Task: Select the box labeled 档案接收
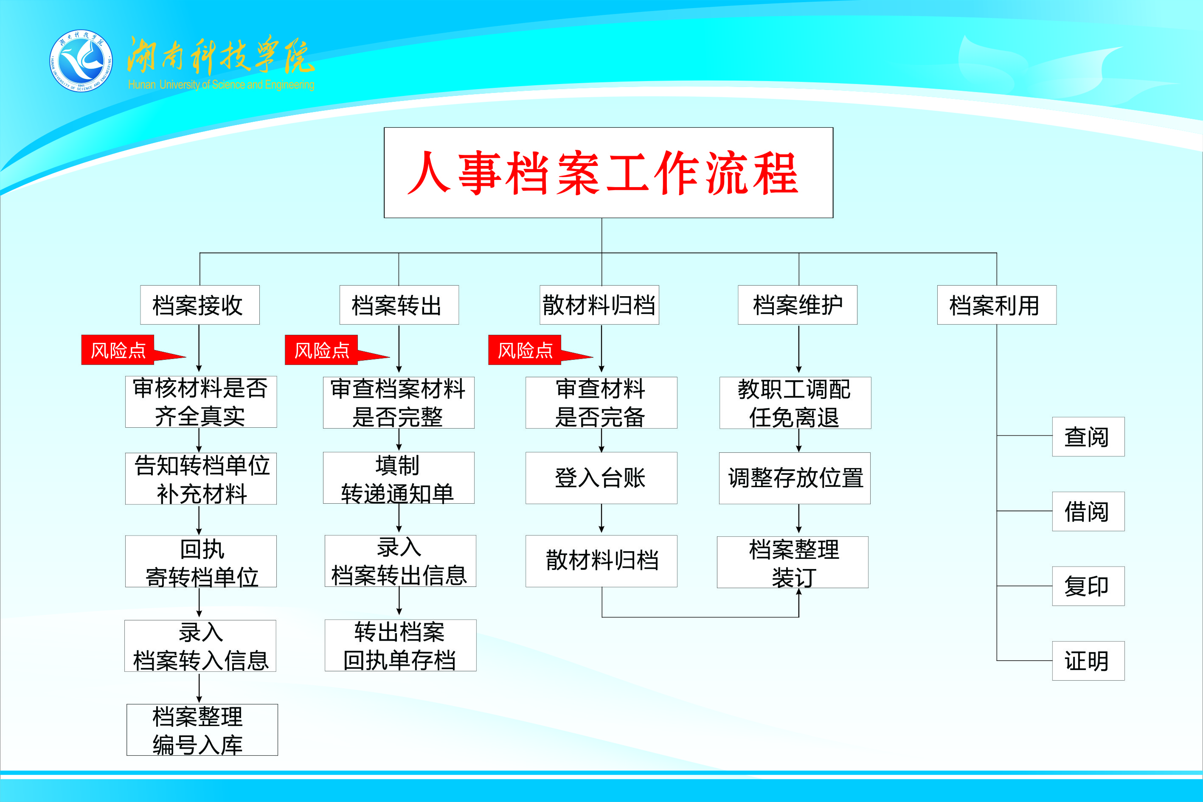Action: tap(200, 305)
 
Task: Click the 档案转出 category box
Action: tap(399, 305)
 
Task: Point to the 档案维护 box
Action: tap(797, 305)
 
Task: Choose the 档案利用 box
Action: tap(996, 305)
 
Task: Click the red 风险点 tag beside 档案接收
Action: tap(118, 350)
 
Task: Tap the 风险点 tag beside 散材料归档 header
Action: tap(525, 350)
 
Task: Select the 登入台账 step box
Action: tap(601, 478)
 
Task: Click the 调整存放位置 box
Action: tap(795, 478)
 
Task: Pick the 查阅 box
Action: tap(1088, 436)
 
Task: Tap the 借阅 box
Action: tap(1088, 511)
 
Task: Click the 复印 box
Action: tap(1088, 586)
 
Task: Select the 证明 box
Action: tap(1088, 660)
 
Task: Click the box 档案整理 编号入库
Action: tap(202, 729)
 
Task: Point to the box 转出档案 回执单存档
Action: tap(400, 645)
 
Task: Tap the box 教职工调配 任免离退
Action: tap(795, 403)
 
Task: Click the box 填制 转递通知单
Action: tap(399, 478)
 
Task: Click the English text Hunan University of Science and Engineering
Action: tap(221, 84)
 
